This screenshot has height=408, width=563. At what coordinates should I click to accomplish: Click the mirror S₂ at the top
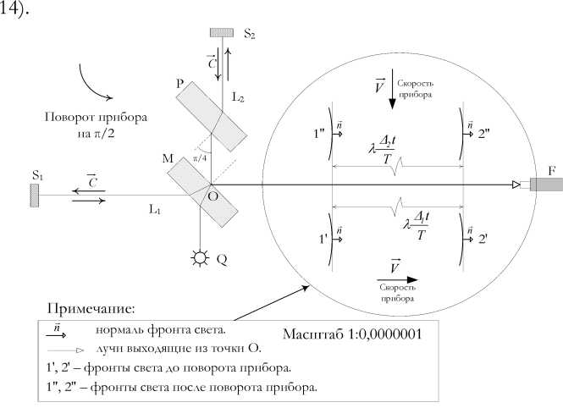[221, 33]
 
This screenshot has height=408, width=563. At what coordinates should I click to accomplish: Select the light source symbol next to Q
[201, 258]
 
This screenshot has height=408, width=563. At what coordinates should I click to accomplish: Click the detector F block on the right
[545, 185]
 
